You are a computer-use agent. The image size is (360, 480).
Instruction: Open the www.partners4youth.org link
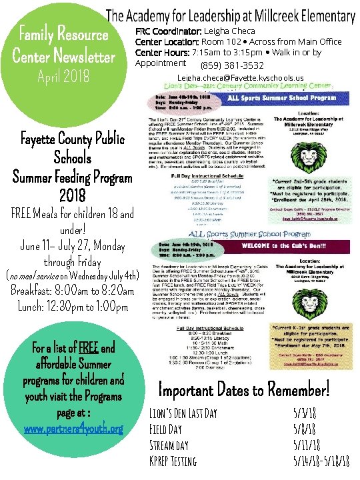[x=73, y=429]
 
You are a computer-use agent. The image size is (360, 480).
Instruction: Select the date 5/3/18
[x=305, y=413]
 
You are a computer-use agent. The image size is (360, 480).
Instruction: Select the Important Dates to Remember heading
[x=244, y=387]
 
